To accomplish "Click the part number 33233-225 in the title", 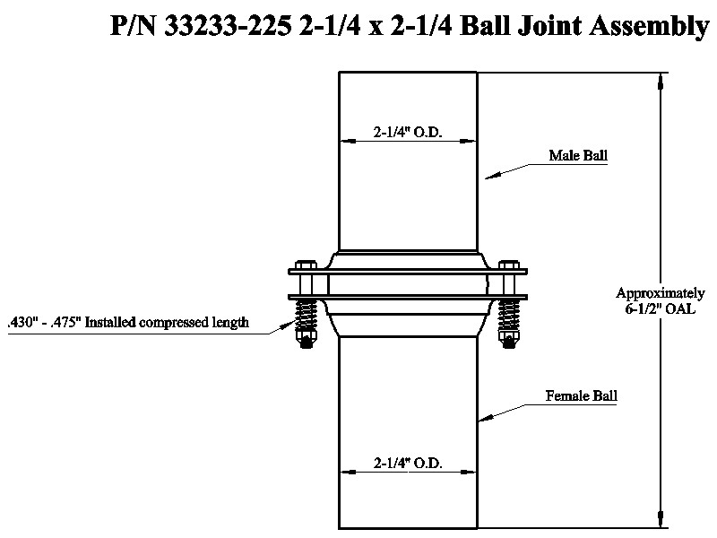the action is (228, 26).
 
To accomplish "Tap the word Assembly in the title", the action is (649, 27).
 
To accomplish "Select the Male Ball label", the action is (578, 155).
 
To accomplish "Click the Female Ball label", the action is (581, 395).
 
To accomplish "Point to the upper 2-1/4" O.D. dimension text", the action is (408, 132).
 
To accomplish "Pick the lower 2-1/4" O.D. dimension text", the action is (408, 464).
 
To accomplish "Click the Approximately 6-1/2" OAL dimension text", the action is (660, 300).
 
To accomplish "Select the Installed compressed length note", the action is (128, 323).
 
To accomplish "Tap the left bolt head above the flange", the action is (306, 265).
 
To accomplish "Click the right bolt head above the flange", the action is (509, 265).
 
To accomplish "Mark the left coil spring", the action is (306, 316).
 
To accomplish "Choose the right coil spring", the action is (509, 316).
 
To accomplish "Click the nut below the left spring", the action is (306, 340).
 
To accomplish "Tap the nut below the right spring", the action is (509, 340).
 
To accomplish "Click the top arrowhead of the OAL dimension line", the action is (660, 81).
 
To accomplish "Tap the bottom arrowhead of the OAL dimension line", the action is (660, 519).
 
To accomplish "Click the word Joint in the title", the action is (549, 26).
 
